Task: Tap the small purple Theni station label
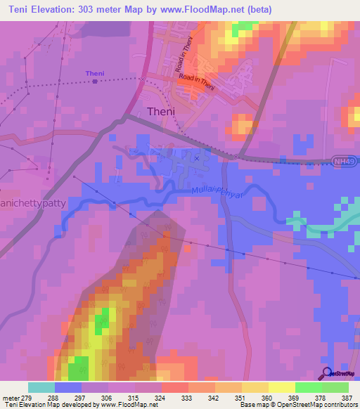coord(94,73)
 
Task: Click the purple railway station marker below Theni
coord(95,81)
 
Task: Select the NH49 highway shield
coord(341,162)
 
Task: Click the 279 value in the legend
coord(29,398)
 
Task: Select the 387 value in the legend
coord(347,398)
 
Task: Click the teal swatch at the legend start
coord(41,387)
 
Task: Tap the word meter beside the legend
coord(10,398)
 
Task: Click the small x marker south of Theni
coord(196,158)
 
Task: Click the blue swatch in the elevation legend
coord(68,387)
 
